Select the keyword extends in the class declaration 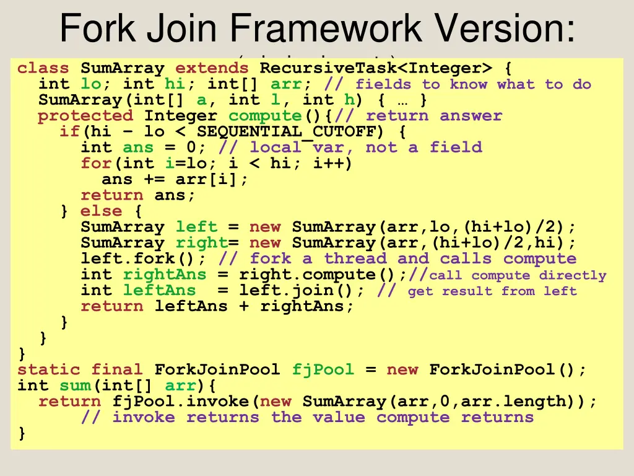point(212,68)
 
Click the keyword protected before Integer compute point(85,116)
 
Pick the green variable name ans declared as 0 point(138,148)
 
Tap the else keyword point(101,211)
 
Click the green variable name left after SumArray point(196,227)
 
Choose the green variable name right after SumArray point(201,243)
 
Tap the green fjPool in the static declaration point(323,370)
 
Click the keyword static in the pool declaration point(49,370)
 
